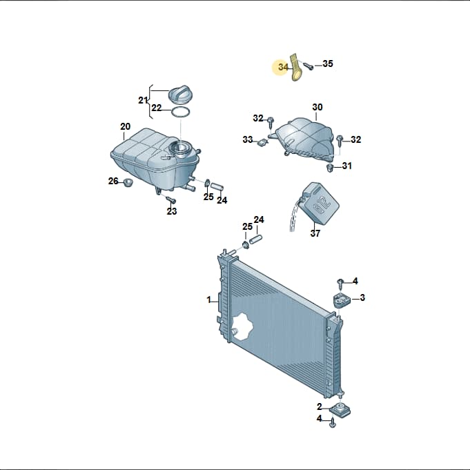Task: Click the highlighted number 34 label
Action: click(x=283, y=67)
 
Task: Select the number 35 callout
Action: click(x=328, y=63)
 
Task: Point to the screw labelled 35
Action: click(x=308, y=66)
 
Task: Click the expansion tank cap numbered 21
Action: click(x=180, y=95)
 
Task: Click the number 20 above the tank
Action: click(x=126, y=126)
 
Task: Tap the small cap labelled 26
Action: click(x=128, y=182)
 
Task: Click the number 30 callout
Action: click(x=317, y=107)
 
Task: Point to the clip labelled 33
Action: click(x=262, y=142)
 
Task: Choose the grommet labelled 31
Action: click(x=330, y=168)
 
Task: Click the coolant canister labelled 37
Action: click(x=320, y=203)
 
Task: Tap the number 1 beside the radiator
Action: click(x=209, y=300)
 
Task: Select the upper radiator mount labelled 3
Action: click(x=341, y=300)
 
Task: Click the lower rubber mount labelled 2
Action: click(x=340, y=409)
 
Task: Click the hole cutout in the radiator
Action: click(x=243, y=326)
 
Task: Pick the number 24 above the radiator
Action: click(x=259, y=219)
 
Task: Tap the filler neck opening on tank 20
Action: click(x=180, y=148)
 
